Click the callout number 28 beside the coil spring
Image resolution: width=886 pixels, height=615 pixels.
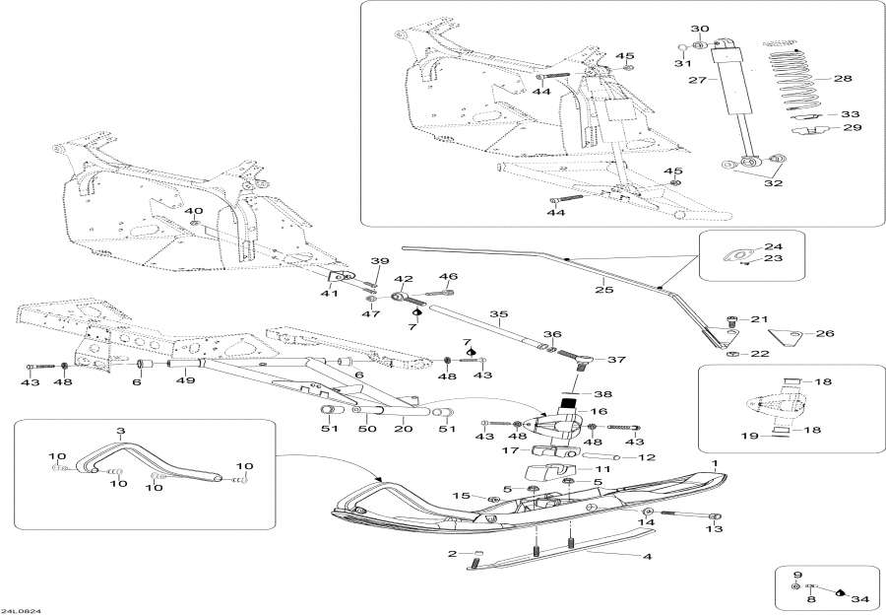842,78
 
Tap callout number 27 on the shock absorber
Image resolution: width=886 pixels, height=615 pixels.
696,81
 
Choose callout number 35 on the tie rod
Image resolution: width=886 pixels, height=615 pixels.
498,315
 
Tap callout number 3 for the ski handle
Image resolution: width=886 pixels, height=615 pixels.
121,431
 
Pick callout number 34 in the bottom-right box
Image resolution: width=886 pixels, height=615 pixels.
860,598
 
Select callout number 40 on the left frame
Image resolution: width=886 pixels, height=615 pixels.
193,211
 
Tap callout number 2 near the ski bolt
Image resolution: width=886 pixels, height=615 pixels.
452,554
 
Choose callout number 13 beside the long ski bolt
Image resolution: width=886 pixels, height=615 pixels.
713,529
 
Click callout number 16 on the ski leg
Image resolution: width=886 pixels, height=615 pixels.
598,411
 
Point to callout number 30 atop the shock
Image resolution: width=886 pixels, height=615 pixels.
699,29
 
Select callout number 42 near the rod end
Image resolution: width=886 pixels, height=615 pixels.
403,279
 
